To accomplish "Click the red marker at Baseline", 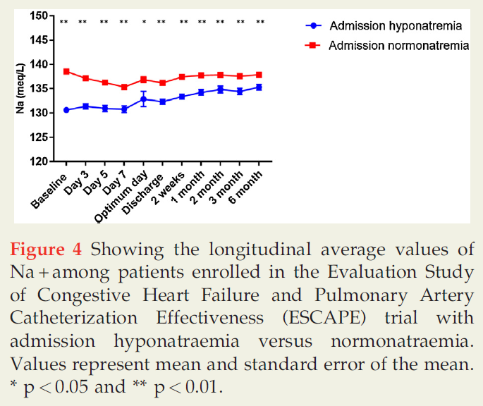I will pos(66,71).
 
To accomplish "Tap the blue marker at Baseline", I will pos(66,110).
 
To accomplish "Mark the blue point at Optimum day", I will pos(143,99).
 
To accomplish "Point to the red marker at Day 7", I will pos(124,87).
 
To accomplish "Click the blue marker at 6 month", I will pos(259,87).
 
